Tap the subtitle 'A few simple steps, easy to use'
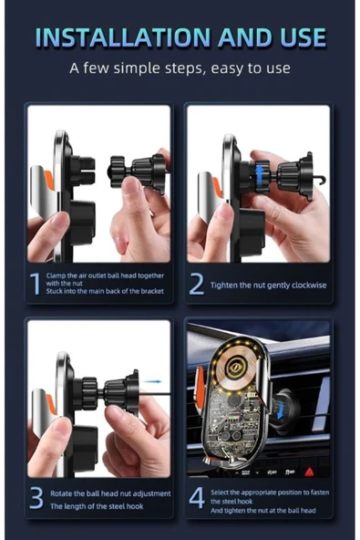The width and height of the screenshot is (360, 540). click(180, 68)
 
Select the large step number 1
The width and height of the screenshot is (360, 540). click(35, 284)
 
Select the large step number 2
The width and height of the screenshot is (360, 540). click(196, 284)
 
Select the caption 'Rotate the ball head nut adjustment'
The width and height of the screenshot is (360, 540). click(108, 493)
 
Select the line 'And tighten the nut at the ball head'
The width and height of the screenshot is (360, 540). click(265, 510)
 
